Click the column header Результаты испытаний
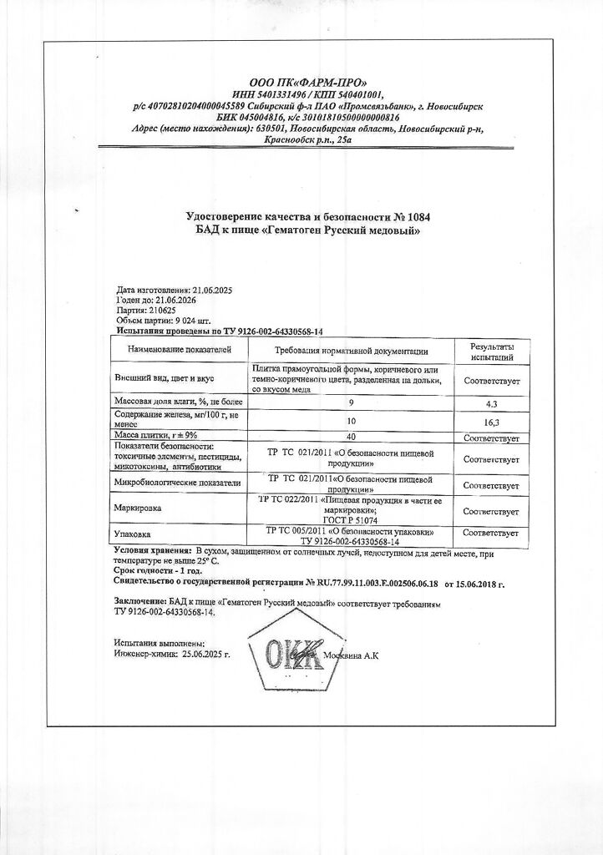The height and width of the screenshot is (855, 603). point(492,351)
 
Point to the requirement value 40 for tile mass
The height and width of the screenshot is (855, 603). point(351,437)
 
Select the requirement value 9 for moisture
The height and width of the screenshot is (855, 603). point(351,402)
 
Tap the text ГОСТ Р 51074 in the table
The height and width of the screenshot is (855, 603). point(351,518)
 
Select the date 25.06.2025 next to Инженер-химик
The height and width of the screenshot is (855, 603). point(204,655)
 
